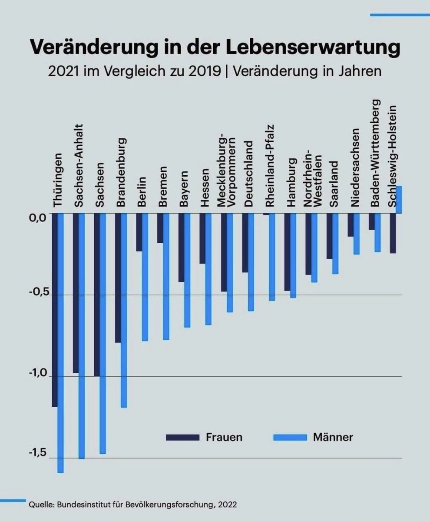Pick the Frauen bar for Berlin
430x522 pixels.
[x=139, y=232]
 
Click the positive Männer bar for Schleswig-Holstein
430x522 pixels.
[x=399, y=200]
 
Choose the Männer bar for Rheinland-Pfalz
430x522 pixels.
[x=272, y=257]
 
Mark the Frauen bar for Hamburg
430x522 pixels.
[x=287, y=252]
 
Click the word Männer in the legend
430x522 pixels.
[x=333, y=437]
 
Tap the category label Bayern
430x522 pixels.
[x=185, y=191]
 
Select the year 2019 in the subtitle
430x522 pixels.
[x=205, y=71]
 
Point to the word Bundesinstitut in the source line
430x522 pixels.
[x=81, y=505]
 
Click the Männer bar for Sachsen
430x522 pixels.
[x=103, y=333]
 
